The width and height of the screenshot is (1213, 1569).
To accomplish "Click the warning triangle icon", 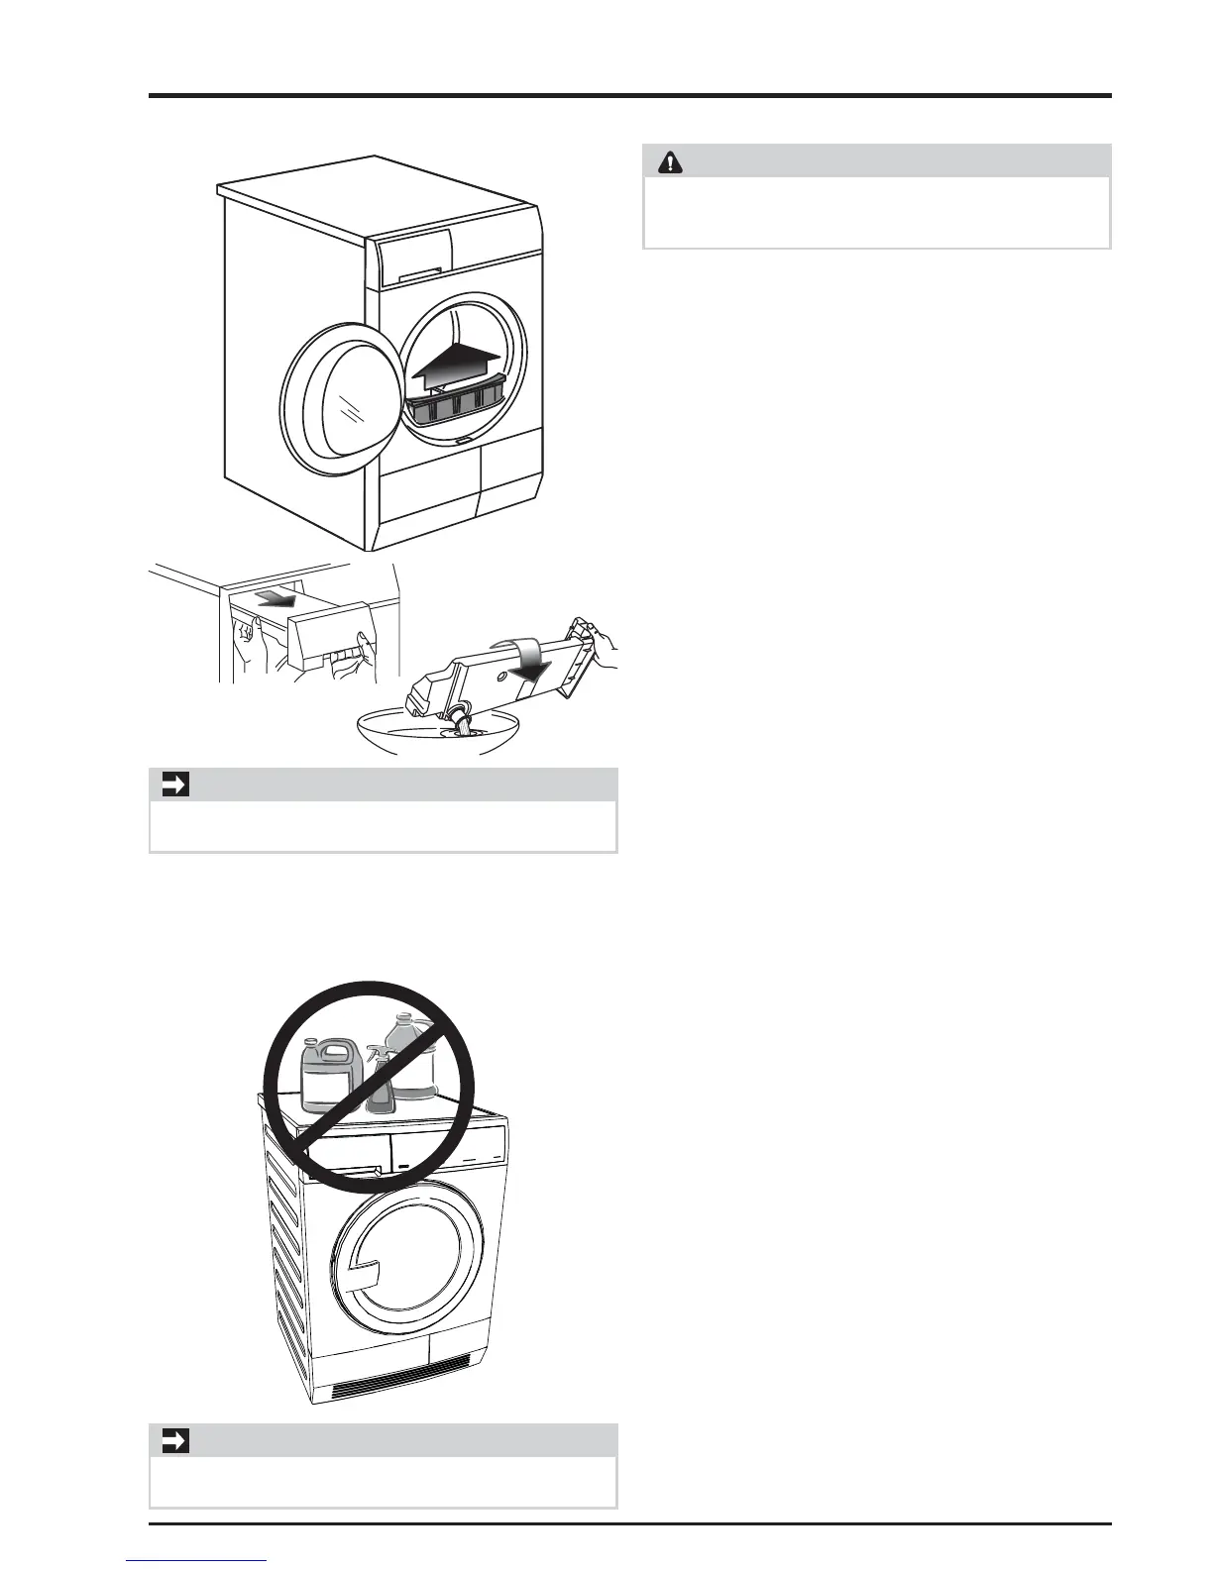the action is click(x=671, y=162).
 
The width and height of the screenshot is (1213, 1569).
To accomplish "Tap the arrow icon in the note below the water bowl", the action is click(x=175, y=785).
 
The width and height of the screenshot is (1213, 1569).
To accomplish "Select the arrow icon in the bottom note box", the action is click(x=175, y=1441).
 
